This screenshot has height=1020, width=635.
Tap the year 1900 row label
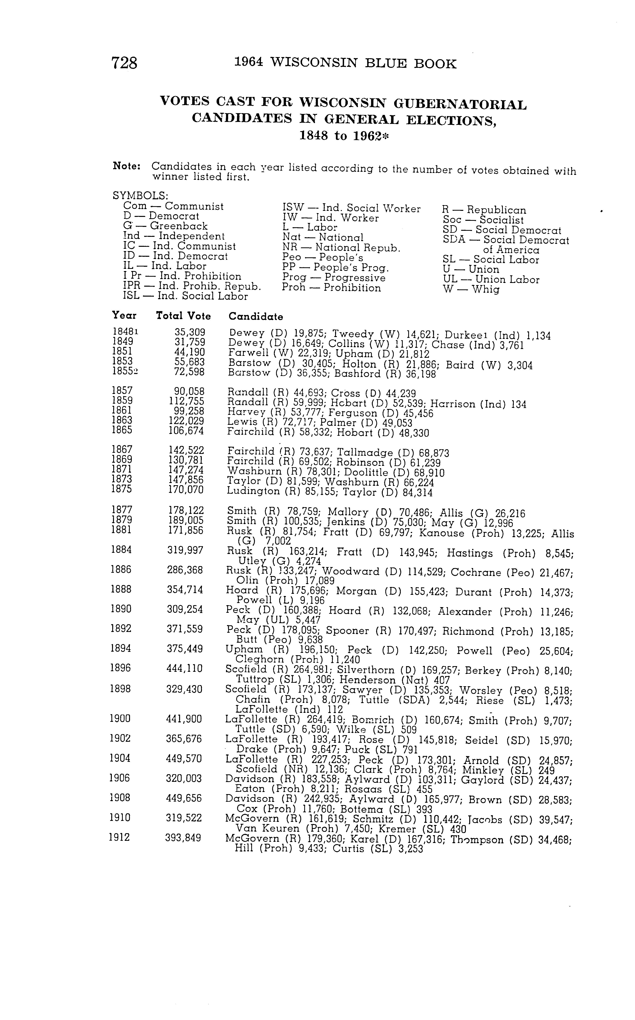[120, 718]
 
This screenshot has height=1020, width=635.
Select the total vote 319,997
[185, 550]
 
